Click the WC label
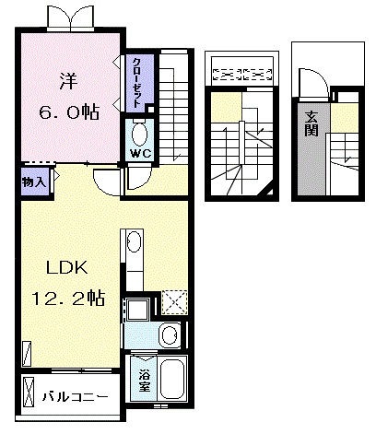pyautogui.click(x=140, y=152)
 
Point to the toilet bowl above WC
pyautogui.click(x=139, y=131)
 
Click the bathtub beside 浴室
pyautogui.click(x=172, y=380)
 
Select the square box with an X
pyautogui.click(x=172, y=303)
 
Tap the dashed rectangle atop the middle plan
pyautogui.click(x=241, y=71)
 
